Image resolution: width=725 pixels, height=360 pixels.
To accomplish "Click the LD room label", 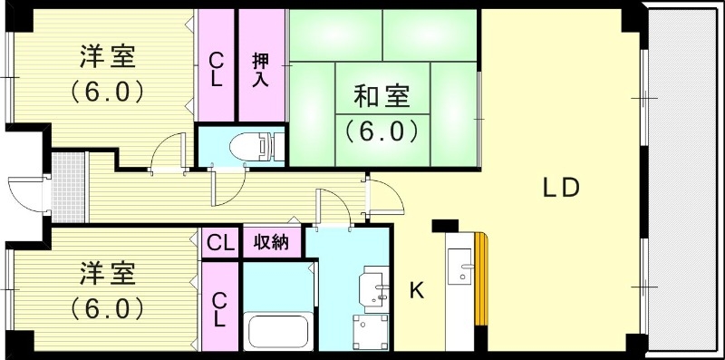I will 561,188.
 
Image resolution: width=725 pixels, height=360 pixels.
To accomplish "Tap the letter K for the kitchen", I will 417,290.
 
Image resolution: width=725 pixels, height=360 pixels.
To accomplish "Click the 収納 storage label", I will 271,243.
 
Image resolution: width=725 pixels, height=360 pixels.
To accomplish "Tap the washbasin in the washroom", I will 374,287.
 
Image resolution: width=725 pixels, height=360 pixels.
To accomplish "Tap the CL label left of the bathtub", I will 218,308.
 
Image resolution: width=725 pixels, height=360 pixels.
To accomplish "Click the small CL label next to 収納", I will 218,243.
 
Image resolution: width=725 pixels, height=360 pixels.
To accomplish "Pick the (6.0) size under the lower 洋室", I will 107,308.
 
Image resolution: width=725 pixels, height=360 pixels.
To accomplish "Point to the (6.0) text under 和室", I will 381,131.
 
